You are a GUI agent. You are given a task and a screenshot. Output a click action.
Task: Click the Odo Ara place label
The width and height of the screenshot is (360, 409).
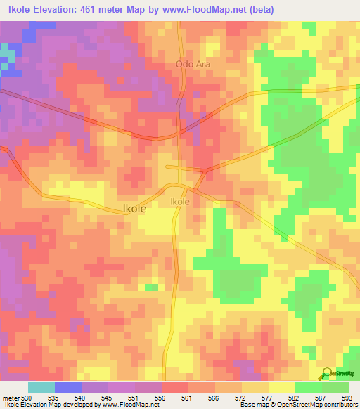click(x=192, y=64)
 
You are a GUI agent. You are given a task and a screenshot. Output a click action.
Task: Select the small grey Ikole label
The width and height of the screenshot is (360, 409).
click(x=180, y=202)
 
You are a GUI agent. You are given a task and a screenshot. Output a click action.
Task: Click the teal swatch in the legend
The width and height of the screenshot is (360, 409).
click(x=41, y=387)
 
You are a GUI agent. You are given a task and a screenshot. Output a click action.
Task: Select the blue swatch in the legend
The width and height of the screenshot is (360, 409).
click(x=67, y=387)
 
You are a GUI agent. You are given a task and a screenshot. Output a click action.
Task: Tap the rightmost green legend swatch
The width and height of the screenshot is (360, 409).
click(x=335, y=387)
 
